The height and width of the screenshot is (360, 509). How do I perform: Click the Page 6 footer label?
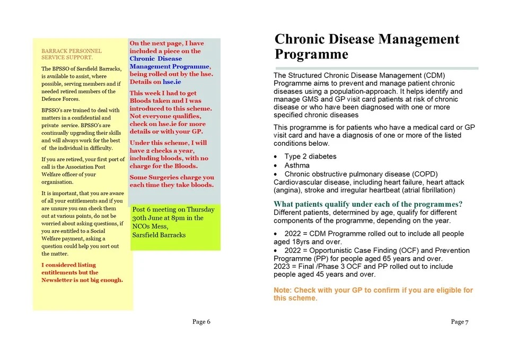[201, 322]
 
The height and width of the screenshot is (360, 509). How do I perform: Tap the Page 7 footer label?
[460, 322]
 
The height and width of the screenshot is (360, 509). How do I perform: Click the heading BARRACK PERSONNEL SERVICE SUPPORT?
[72, 54]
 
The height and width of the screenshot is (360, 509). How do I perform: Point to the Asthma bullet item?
[296, 165]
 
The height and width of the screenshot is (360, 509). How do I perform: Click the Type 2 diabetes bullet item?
[310, 157]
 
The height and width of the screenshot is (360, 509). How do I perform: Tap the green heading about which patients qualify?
[368, 204]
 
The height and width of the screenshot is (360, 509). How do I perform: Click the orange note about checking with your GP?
[373, 294]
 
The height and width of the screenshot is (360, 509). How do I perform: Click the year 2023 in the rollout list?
[283, 267]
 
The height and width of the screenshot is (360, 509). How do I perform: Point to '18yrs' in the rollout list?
[305, 242]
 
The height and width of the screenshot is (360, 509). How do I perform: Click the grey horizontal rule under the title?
[376, 68]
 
